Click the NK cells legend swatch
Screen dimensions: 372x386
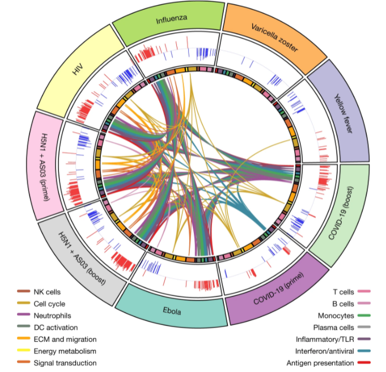pyautogui.click(x=24, y=292)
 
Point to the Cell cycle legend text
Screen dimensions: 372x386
pyautogui.click(x=49, y=304)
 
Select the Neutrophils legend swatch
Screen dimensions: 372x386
pyautogui.click(x=24, y=316)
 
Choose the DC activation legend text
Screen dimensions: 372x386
pyautogui.click(x=56, y=328)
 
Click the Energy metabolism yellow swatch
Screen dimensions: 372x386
pyautogui.click(x=24, y=351)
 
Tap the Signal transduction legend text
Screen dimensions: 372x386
pyautogui.click(x=65, y=363)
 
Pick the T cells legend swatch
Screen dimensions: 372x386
pyautogui.click(x=363, y=292)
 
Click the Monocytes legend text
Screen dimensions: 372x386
pyautogui.click(x=336, y=316)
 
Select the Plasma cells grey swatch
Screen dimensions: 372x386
pyautogui.click(x=363, y=328)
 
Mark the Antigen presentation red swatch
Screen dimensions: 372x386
pyautogui.click(x=363, y=363)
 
